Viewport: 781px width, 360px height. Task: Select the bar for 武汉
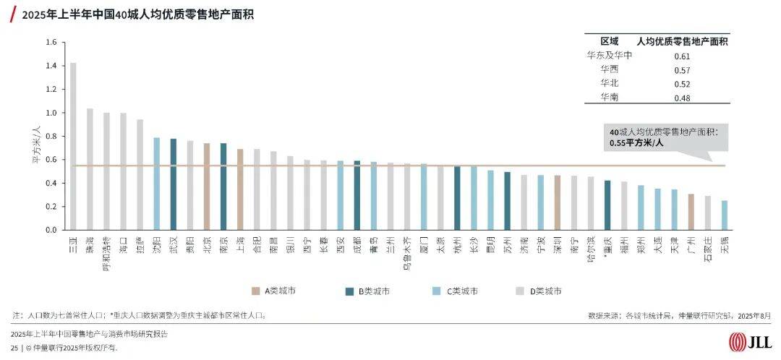(x=174, y=184)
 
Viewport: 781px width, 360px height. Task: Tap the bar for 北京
(x=207, y=187)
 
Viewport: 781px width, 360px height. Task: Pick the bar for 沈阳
(x=156, y=184)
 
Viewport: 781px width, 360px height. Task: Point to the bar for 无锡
(x=725, y=215)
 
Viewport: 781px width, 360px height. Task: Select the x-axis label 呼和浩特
(x=106, y=249)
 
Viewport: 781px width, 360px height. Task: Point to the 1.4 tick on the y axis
(x=50, y=66)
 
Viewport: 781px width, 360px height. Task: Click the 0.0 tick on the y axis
(x=50, y=230)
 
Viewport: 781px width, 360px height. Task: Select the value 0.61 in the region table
(x=682, y=56)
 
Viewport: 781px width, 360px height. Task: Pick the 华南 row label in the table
(x=610, y=97)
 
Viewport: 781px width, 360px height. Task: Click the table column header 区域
(x=610, y=41)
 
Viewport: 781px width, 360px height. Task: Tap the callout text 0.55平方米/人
(x=637, y=143)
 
